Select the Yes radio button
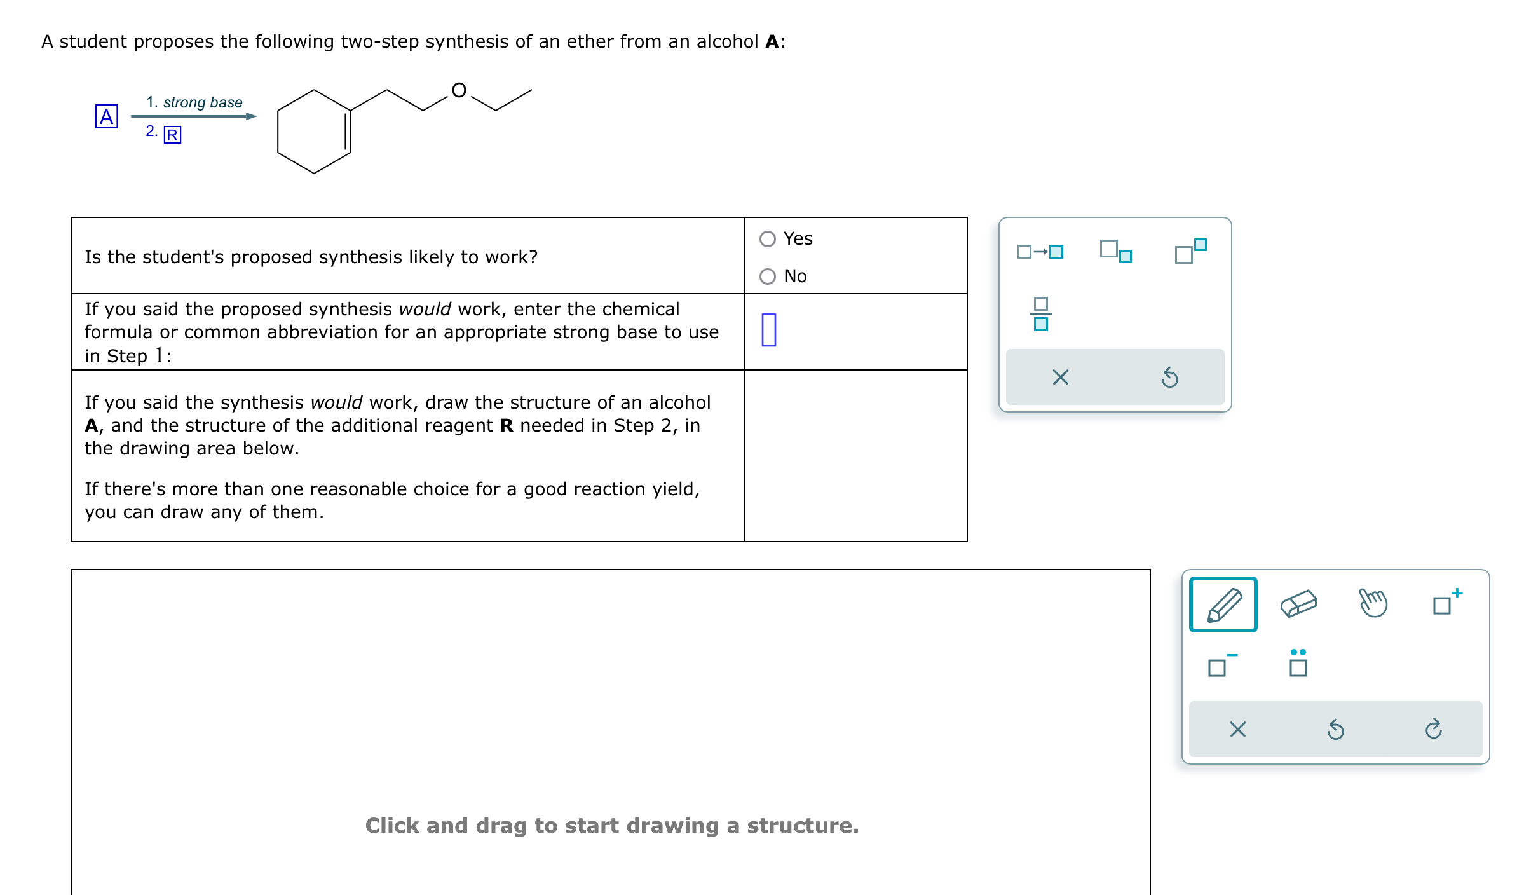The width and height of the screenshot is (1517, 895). [768, 239]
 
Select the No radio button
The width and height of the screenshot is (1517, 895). [768, 277]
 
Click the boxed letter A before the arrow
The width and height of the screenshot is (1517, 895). [106, 117]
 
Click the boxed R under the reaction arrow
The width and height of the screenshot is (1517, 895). [172, 135]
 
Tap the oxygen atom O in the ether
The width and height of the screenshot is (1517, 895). [459, 90]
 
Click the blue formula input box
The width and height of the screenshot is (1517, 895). [768, 330]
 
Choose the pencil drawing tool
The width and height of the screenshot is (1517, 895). [1223, 605]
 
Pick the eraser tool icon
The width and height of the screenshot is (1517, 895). [1298, 604]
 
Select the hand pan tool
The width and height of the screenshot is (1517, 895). [1373, 603]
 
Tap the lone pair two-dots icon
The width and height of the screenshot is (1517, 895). [1298, 663]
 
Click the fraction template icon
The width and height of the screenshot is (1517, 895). [1040, 314]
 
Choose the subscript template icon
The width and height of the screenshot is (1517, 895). [1115, 250]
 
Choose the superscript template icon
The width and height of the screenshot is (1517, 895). [1190, 250]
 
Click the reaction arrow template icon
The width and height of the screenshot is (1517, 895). [1040, 252]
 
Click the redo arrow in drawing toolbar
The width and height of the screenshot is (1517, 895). [1433, 729]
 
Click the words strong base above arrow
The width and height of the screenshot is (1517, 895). [202, 102]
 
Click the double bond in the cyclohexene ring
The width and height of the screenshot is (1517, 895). [348, 131]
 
